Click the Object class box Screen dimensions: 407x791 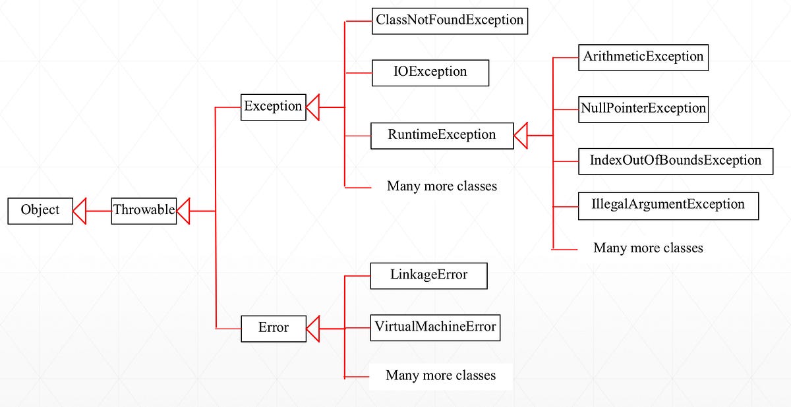click(40, 211)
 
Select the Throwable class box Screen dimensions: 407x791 click(144, 211)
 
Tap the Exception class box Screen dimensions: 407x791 click(273, 107)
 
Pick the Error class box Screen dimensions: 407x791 click(273, 328)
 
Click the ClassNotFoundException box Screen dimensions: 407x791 click(450, 20)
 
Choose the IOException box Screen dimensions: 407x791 click(430, 72)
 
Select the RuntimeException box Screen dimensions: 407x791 click(442, 135)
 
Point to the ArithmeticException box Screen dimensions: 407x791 click(643, 57)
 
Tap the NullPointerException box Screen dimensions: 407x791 click(643, 109)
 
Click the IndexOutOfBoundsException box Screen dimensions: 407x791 click(675, 161)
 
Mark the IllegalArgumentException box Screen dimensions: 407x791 click(668, 205)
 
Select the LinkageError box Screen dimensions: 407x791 click(428, 275)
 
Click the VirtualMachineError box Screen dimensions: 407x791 click(435, 327)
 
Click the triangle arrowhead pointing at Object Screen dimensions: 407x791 click(80, 211)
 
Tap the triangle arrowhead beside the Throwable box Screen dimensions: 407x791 click(183, 211)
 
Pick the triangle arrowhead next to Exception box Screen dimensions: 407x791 click(312, 107)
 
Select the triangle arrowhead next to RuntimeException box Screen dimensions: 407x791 click(521, 135)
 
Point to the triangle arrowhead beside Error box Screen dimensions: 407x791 click(312, 328)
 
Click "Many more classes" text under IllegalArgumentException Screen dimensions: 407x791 click(648, 248)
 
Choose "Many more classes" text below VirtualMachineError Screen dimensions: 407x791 click(440, 376)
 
